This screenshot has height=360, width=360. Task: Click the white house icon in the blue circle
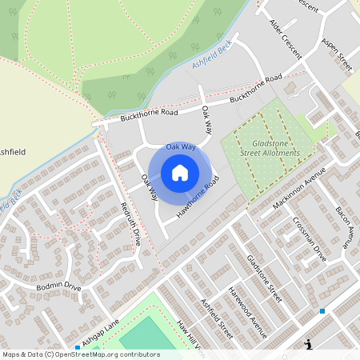coord(180,172)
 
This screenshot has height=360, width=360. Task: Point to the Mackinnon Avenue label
coord(300,189)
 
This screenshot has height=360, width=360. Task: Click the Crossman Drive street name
coord(309,239)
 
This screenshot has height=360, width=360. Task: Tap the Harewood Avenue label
coord(246,306)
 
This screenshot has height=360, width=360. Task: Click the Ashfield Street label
coord(216,319)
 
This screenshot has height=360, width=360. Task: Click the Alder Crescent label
coord(285,38)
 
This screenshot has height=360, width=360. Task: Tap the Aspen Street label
coord(337,54)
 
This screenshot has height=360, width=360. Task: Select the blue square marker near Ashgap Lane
coord(78,347)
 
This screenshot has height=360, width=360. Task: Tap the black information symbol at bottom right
coord(307,345)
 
